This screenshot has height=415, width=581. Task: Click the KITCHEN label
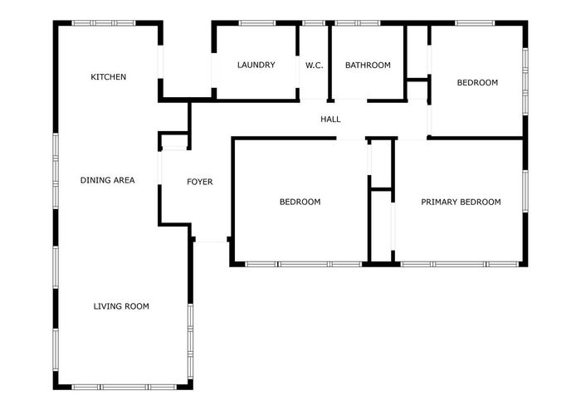108,77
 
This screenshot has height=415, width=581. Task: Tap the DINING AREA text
107,180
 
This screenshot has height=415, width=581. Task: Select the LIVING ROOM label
121,306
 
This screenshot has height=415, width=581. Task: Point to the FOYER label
200,182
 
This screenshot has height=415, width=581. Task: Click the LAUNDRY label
256,66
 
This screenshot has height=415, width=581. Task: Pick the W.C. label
315,66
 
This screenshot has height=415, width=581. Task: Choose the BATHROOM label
368,66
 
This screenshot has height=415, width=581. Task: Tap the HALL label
330,120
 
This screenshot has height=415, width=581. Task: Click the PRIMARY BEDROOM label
461,202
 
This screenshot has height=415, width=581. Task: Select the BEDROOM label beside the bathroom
477,83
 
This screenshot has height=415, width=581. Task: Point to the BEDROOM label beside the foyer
300,202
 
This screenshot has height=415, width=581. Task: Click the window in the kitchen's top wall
104,23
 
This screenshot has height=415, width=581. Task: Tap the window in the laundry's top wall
257,23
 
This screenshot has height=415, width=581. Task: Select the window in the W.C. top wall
314,23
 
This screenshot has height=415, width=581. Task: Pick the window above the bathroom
358,23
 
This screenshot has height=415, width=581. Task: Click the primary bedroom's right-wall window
525,191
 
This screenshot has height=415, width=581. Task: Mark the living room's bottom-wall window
124,388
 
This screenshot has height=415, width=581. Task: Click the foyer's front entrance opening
211,240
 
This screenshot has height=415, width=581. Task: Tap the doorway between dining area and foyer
160,168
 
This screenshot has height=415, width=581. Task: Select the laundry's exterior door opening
214,71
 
